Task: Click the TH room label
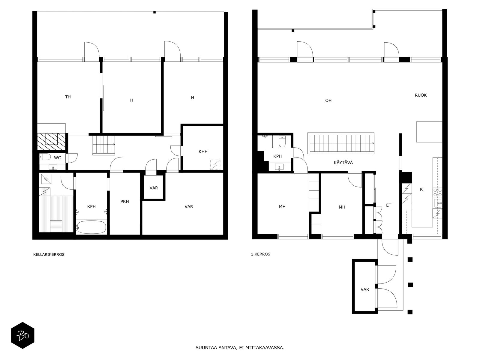click(68, 97)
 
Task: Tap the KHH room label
click(203, 151)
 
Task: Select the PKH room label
click(124, 202)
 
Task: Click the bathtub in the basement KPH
click(91, 227)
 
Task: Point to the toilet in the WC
click(45, 157)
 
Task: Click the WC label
click(58, 158)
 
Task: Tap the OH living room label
click(328, 100)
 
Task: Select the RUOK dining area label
click(421, 95)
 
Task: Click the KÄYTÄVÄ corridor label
click(343, 162)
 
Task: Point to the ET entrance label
click(388, 205)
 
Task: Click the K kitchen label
click(421, 190)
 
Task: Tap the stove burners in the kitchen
click(438, 192)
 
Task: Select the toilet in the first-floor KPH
click(282, 141)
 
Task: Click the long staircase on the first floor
click(341, 143)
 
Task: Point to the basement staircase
click(104, 145)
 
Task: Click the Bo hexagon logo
click(22, 335)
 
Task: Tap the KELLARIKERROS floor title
click(49, 254)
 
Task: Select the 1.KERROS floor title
click(260, 254)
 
